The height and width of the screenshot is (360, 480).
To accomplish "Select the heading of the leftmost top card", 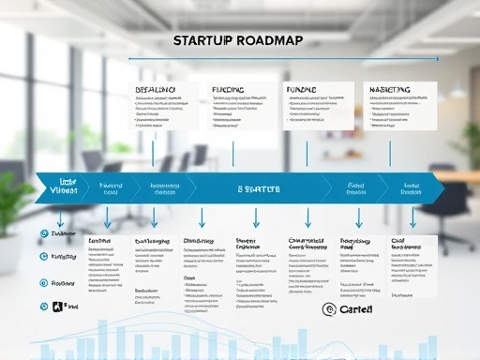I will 156,90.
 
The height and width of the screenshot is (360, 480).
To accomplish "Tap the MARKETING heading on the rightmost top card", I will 390,90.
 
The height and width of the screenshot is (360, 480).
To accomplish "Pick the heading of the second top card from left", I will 228,90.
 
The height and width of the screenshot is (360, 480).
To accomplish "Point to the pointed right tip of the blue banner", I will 443,187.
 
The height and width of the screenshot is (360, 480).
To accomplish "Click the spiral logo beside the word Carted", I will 329,309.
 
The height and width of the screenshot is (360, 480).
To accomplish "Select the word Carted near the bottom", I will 355,309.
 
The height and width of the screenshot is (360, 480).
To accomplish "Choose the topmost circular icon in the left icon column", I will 43,233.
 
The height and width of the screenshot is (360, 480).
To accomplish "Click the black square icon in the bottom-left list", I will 58,307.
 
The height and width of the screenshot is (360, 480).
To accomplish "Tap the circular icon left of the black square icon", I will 43,307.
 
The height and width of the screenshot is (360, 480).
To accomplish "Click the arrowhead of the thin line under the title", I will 436,58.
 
